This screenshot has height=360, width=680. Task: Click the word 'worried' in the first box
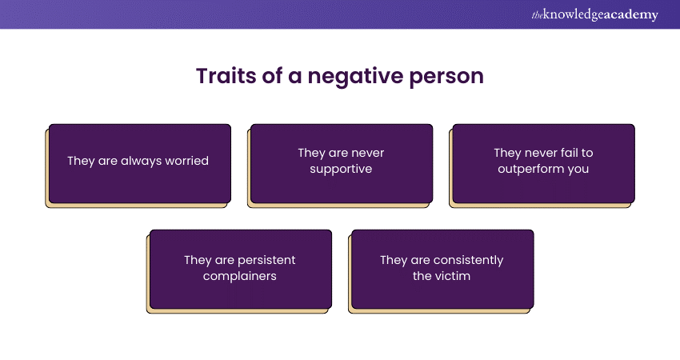pos(186,161)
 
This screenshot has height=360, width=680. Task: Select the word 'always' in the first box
pos(139,161)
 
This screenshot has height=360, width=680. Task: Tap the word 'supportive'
pos(341,170)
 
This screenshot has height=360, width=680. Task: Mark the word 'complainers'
pos(240,277)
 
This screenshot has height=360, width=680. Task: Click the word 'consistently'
pos(467,260)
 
